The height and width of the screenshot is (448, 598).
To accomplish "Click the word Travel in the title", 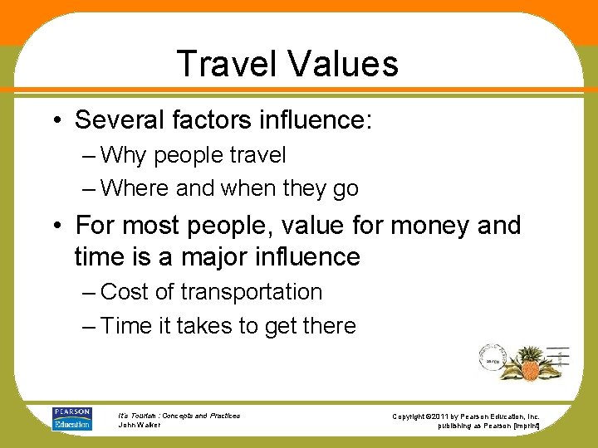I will point(226,64).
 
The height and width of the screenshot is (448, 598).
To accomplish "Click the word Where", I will point(135,188).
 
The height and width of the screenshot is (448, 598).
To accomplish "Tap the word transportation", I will point(252,292).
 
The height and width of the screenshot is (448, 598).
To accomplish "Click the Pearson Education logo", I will point(72,418).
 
